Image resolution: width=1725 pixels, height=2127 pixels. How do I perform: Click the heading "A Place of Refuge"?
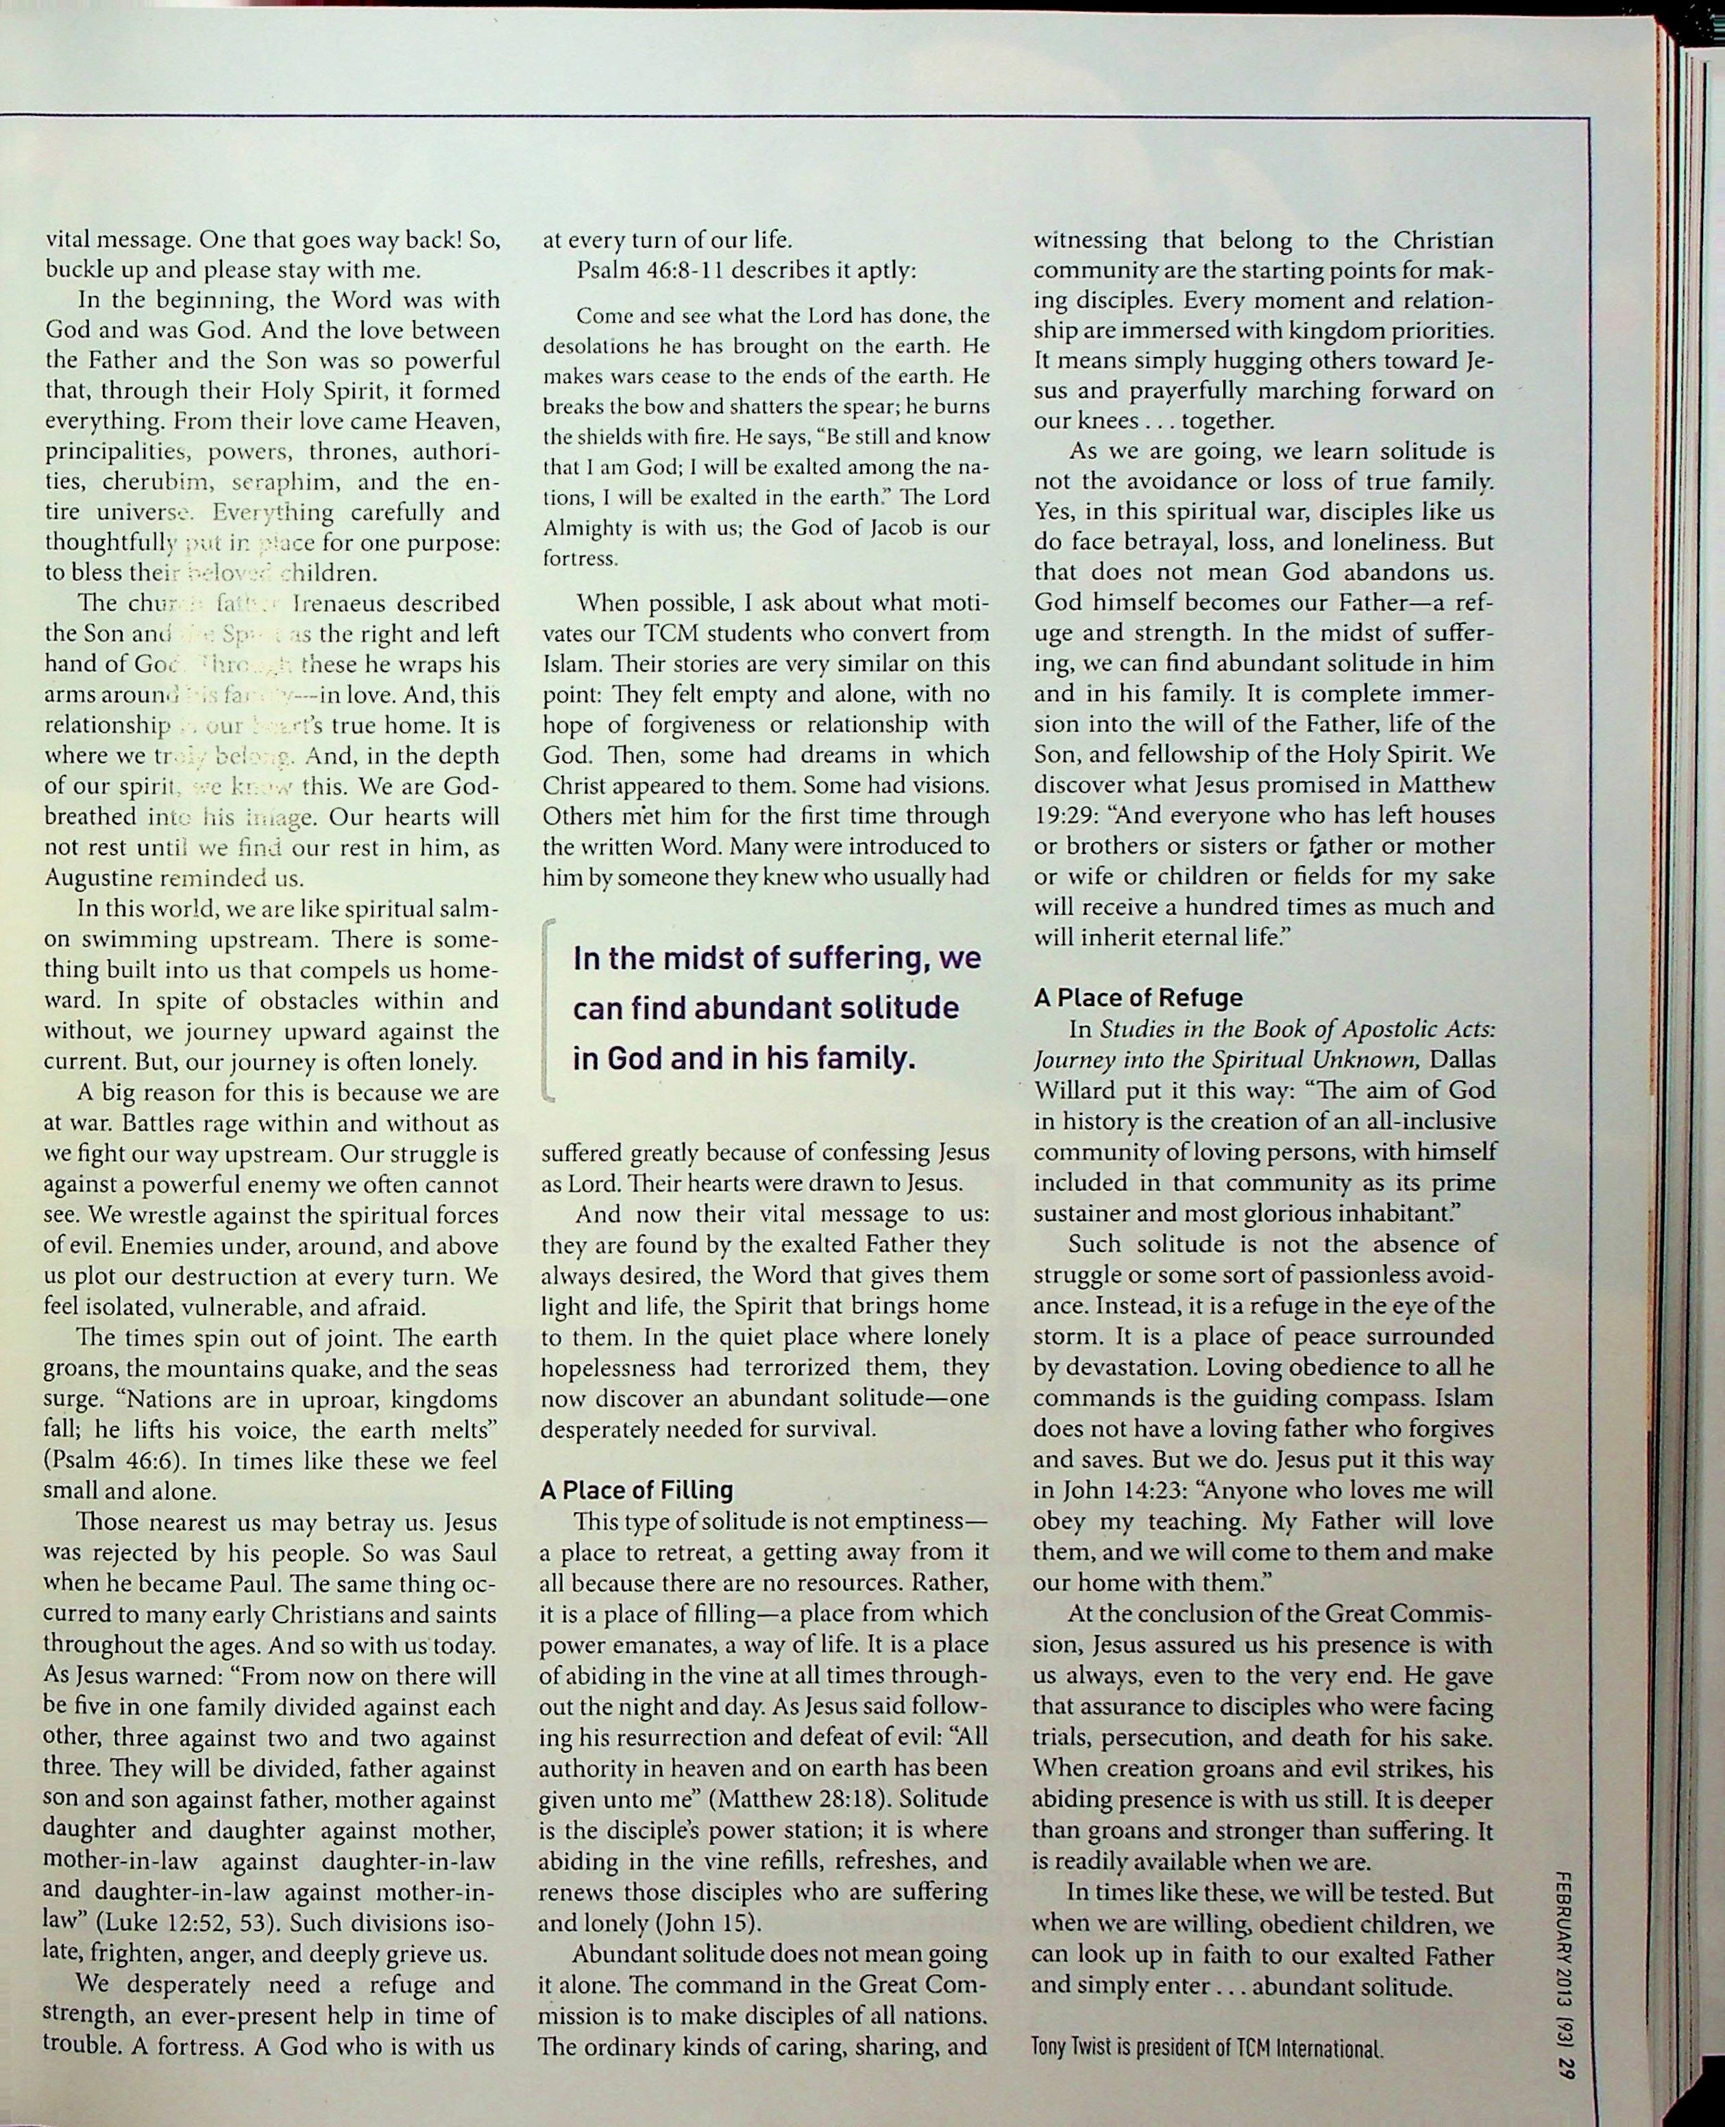pos(1138,998)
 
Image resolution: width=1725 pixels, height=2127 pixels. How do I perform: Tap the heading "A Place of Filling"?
pos(636,1490)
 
